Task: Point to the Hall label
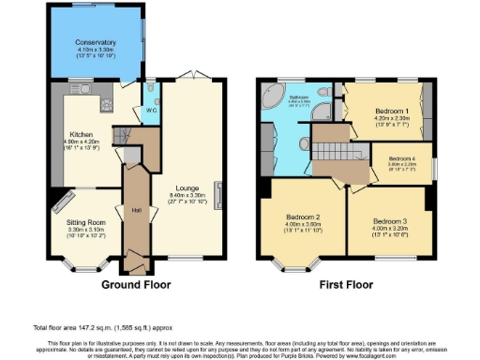tap(135, 209)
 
